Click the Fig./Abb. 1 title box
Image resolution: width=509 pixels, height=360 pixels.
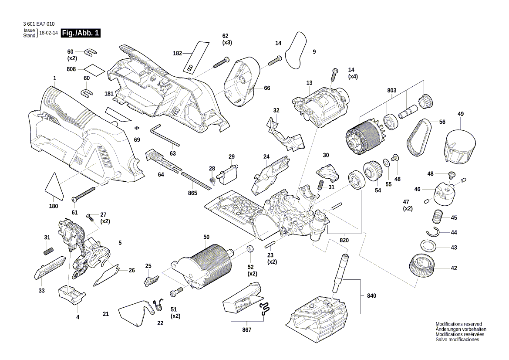coord(81,33)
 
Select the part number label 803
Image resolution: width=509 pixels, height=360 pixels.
coord(392,90)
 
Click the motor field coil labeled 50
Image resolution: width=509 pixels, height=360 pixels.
coord(205,268)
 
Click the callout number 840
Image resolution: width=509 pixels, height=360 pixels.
coord(371,295)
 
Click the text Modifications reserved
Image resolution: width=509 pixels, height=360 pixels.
coord(458,324)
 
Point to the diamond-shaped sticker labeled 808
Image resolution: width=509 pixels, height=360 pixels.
coord(94,69)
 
